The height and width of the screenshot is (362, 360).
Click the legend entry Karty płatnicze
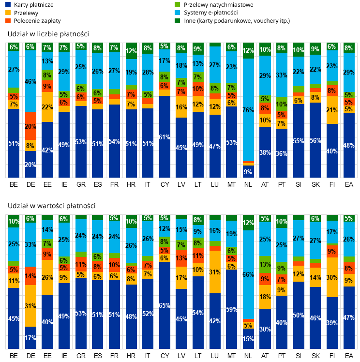(x=30, y=5)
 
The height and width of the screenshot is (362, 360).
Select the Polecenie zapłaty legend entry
(x=33, y=21)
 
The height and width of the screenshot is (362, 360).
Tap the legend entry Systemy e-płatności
(x=206, y=13)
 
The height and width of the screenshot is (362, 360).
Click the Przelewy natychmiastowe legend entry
(x=214, y=5)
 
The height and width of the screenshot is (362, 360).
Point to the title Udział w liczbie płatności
(x=48, y=34)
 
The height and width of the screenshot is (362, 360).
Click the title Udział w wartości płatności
(x=51, y=206)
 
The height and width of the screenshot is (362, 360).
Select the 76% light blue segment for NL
(x=248, y=110)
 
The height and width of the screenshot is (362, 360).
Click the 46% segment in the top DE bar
(x=30, y=81)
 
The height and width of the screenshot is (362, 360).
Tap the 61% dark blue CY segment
(x=165, y=136)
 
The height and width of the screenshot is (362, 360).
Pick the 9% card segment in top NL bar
(x=248, y=171)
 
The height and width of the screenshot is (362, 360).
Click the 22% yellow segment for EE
(x=47, y=107)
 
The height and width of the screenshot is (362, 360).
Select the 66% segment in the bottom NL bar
(x=248, y=275)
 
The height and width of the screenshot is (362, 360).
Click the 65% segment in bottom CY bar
(x=165, y=305)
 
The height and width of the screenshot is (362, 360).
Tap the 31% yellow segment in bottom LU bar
(x=215, y=272)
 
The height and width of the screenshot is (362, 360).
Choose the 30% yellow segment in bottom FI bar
(x=332, y=277)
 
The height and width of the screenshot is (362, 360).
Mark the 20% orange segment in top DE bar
(x=30, y=126)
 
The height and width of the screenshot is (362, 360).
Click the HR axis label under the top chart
(x=131, y=184)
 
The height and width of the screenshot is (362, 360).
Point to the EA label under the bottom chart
(x=349, y=356)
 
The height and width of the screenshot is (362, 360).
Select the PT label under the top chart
(x=282, y=184)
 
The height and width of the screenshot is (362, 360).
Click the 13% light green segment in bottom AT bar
(x=265, y=265)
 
